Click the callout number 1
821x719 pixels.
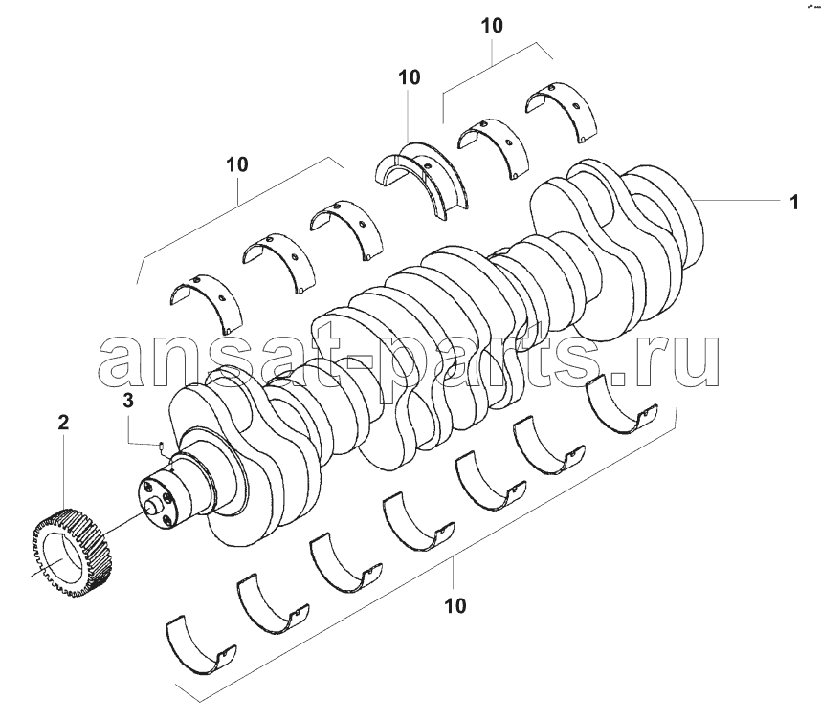pyautogui.click(x=794, y=202)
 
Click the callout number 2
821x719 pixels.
pyautogui.click(x=63, y=423)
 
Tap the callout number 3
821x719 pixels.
pyautogui.click(x=128, y=401)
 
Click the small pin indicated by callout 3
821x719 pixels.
pyautogui.click(x=162, y=446)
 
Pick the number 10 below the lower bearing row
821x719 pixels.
pyautogui.click(x=455, y=606)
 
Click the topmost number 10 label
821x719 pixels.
pyautogui.click(x=492, y=25)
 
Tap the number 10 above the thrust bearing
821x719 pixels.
pyautogui.click(x=409, y=77)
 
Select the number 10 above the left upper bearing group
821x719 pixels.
pyautogui.click(x=236, y=164)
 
